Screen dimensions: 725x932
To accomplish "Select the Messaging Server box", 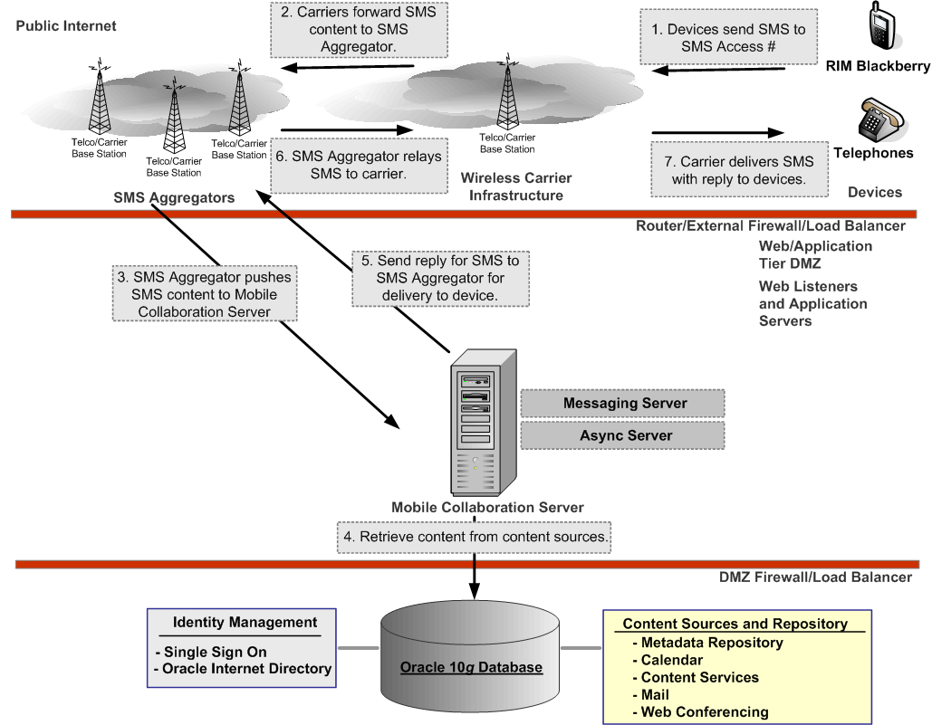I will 624,404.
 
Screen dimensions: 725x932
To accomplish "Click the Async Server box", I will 624,435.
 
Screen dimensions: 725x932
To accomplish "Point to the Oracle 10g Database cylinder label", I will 471,668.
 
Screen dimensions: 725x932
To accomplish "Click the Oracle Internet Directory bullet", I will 243,669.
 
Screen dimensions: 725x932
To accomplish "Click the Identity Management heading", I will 245,622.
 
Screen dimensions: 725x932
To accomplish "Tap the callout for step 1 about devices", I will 728,37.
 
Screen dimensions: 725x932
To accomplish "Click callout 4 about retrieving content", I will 474,537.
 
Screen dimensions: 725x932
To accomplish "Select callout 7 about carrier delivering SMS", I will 740,169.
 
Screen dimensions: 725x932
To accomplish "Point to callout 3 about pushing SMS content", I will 204,294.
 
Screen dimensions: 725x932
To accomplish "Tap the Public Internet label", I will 66,26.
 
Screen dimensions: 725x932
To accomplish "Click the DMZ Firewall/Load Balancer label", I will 815,577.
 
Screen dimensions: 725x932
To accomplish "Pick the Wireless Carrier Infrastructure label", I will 516,186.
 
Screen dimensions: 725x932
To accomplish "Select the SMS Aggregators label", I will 174,197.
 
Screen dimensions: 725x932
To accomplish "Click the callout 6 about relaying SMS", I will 359,165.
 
